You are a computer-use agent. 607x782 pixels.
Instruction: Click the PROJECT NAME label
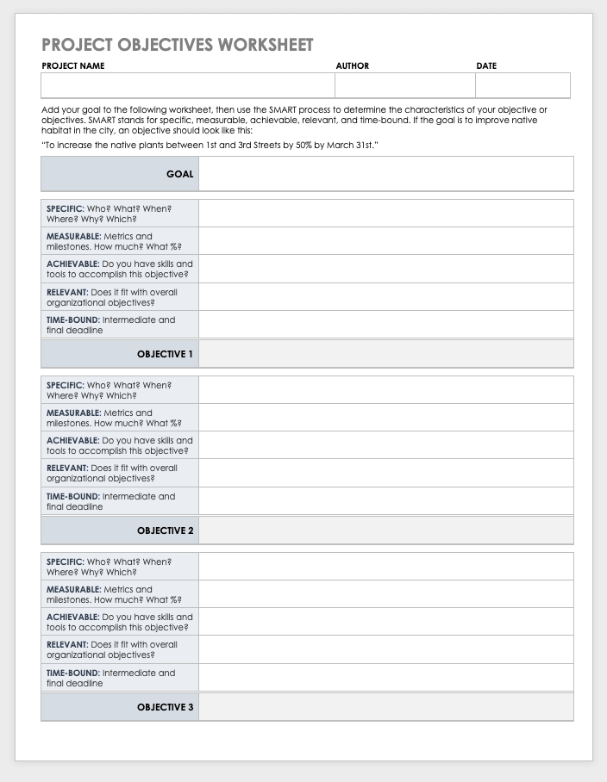(x=73, y=66)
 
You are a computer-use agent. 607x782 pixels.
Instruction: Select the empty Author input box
(x=404, y=85)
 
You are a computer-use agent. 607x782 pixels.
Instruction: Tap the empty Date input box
(x=523, y=85)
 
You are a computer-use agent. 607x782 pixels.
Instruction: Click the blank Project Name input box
(x=187, y=85)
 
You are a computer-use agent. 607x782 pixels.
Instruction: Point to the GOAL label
(x=180, y=174)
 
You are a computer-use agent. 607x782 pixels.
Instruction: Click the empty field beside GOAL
(x=385, y=174)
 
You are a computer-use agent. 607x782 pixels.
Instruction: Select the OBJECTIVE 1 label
(x=166, y=354)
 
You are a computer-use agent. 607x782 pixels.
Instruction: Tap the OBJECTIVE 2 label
(x=166, y=531)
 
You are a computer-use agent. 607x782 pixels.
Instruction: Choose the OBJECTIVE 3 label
(x=166, y=707)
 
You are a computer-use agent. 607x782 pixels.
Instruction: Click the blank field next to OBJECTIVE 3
(x=385, y=707)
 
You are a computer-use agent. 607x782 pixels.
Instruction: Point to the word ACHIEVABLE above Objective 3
(x=72, y=617)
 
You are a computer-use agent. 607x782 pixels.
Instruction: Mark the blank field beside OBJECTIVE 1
(x=385, y=354)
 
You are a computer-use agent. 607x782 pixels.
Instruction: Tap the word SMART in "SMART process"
(x=282, y=110)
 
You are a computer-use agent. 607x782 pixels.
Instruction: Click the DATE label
(x=486, y=66)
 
